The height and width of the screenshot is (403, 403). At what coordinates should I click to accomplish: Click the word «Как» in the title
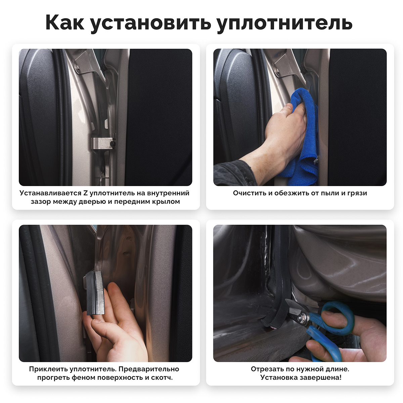(x=65, y=22)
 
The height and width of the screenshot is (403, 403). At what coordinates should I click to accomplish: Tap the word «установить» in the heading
(x=151, y=24)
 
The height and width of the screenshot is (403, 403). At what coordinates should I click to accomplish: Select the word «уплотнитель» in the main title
(x=285, y=24)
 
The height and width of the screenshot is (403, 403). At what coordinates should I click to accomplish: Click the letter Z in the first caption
(x=86, y=193)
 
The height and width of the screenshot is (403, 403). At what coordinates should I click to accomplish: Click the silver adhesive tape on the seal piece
(x=100, y=291)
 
